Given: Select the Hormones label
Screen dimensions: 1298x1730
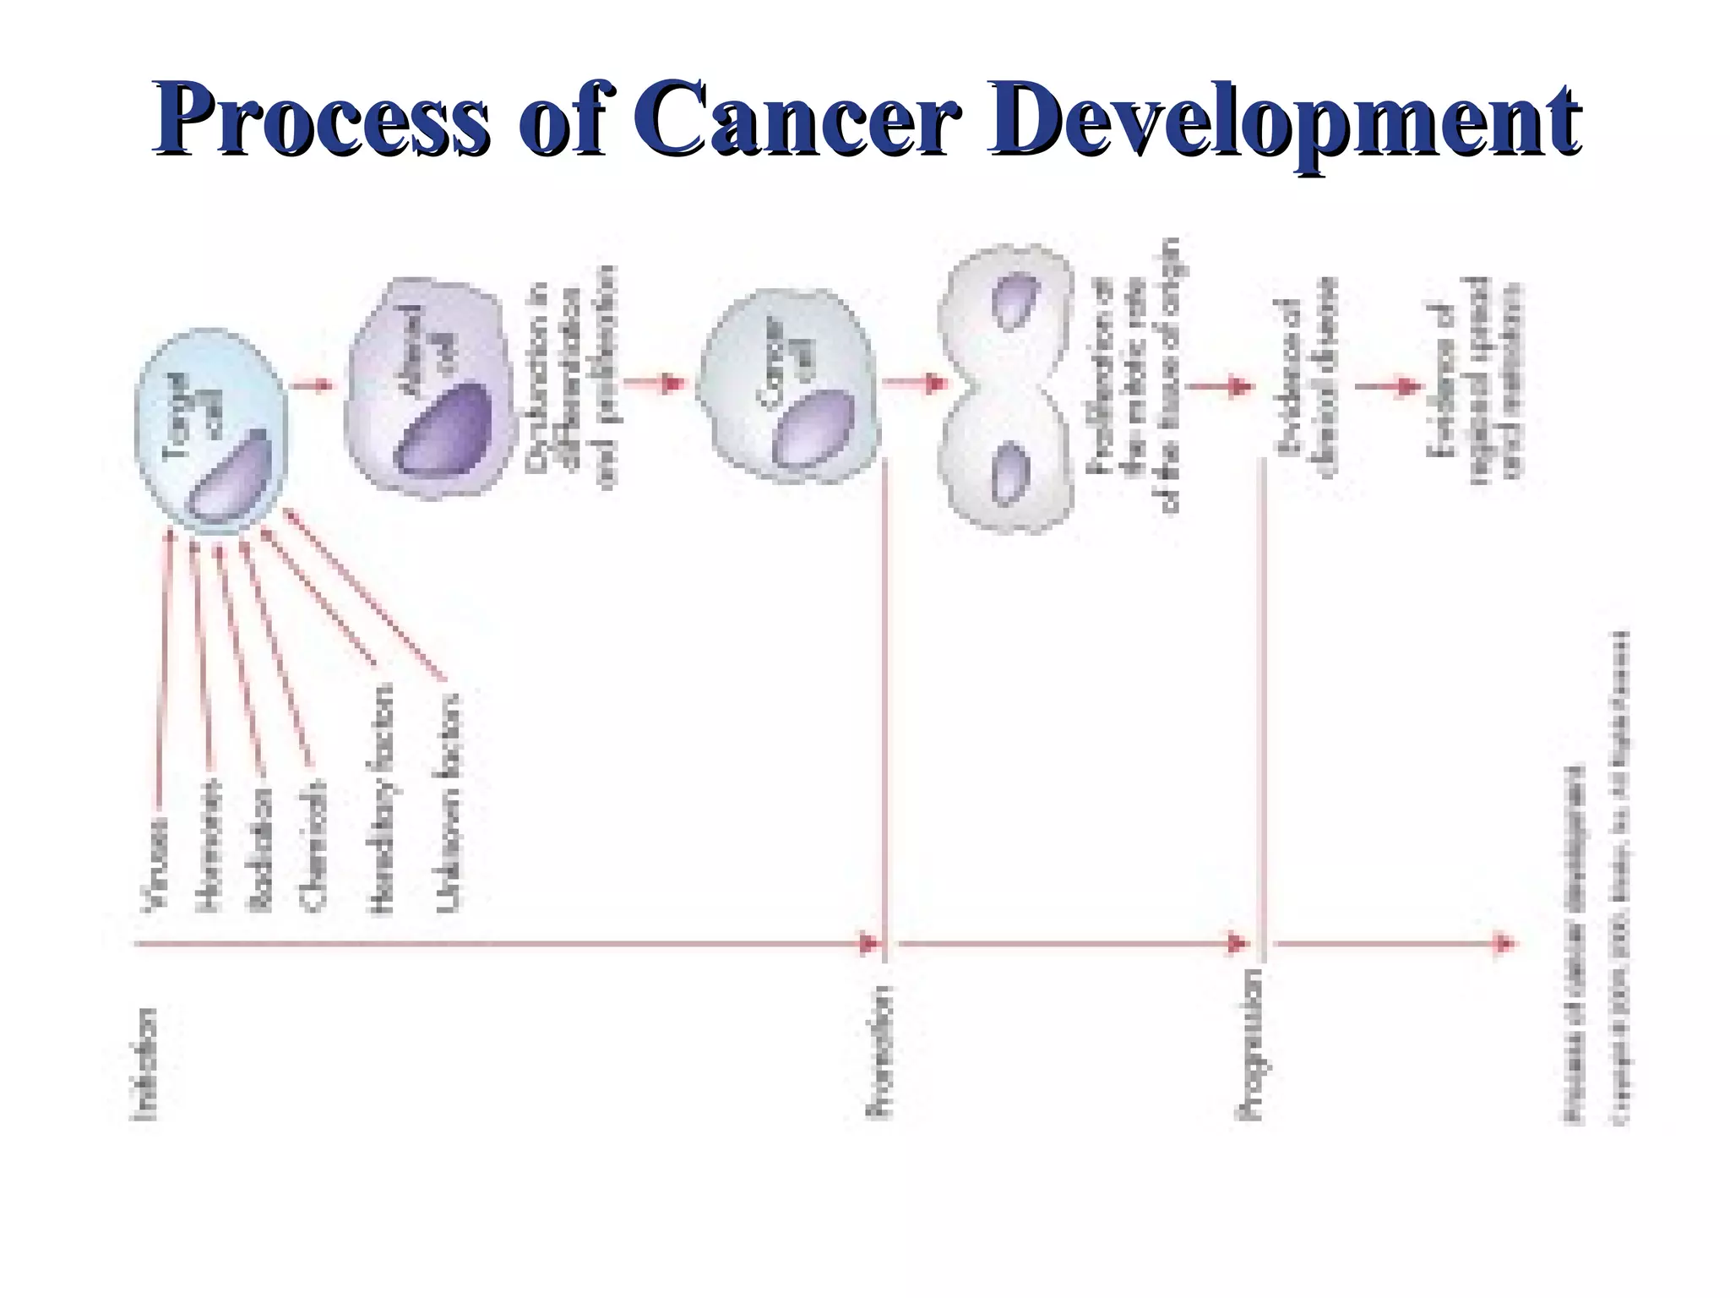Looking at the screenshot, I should pyautogui.click(x=208, y=845).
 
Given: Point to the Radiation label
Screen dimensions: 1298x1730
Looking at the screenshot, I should pyautogui.click(x=259, y=849).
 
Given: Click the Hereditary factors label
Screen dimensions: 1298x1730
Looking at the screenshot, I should pyautogui.click(x=382, y=799).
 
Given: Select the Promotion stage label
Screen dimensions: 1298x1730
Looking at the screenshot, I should pyautogui.click(x=880, y=1052).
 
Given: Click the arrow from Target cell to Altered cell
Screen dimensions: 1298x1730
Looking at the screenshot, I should pyautogui.click(x=313, y=386).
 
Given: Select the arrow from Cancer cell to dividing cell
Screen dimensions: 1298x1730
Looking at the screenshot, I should pyautogui.click(x=916, y=384).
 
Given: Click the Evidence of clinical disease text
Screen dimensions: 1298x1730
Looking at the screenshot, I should pyautogui.click(x=1306, y=376).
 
